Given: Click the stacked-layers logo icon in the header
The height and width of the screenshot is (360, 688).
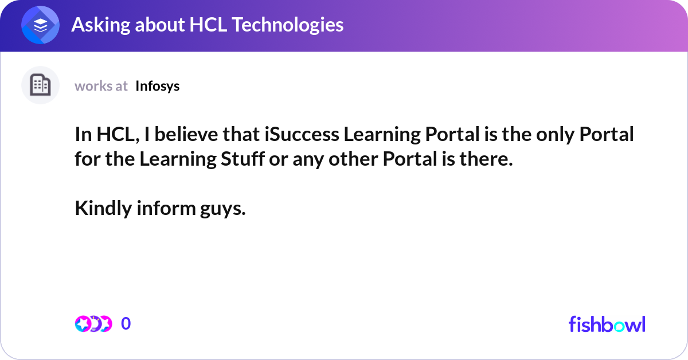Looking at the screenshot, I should tap(40, 25).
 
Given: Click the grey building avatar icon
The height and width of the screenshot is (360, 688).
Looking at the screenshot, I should tap(40, 85).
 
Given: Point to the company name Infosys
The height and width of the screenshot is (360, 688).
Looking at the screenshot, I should tap(157, 86).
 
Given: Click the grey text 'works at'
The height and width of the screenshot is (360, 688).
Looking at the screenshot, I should tap(101, 86).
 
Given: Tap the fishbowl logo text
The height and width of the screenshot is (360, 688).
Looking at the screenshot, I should tap(607, 324).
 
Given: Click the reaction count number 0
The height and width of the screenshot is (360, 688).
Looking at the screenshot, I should tap(126, 324).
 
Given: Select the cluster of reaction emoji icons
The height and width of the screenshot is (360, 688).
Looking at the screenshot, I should tap(93, 324).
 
